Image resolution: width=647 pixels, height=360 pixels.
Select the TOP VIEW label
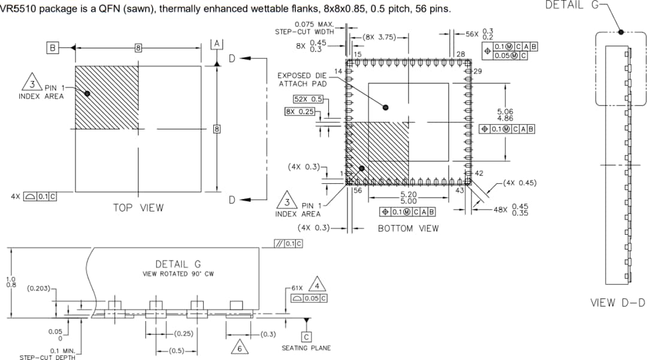[138, 208]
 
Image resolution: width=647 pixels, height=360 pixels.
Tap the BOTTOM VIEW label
[408, 228]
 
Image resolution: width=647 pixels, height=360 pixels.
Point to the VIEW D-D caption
[618, 302]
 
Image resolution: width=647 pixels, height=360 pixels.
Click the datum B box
[53, 47]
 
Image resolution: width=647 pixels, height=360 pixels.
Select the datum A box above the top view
[217, 44]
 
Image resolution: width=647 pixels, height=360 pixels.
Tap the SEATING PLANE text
[306, 348]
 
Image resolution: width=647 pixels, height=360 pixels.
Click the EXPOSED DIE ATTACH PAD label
[302, 80]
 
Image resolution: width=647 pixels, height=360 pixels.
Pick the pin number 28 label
[461, 55]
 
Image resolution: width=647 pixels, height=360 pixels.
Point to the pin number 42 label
[479, 173]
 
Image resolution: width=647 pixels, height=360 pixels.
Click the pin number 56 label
[357, 190]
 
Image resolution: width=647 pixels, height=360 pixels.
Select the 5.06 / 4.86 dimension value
[505, 115]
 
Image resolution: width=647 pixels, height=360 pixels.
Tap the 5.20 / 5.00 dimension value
[408, 198]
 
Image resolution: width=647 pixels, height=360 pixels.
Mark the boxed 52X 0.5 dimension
[308, 99]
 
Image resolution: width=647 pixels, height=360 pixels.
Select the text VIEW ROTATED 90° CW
[178, 274]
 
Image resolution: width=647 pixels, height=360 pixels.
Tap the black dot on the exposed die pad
[385, 108]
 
